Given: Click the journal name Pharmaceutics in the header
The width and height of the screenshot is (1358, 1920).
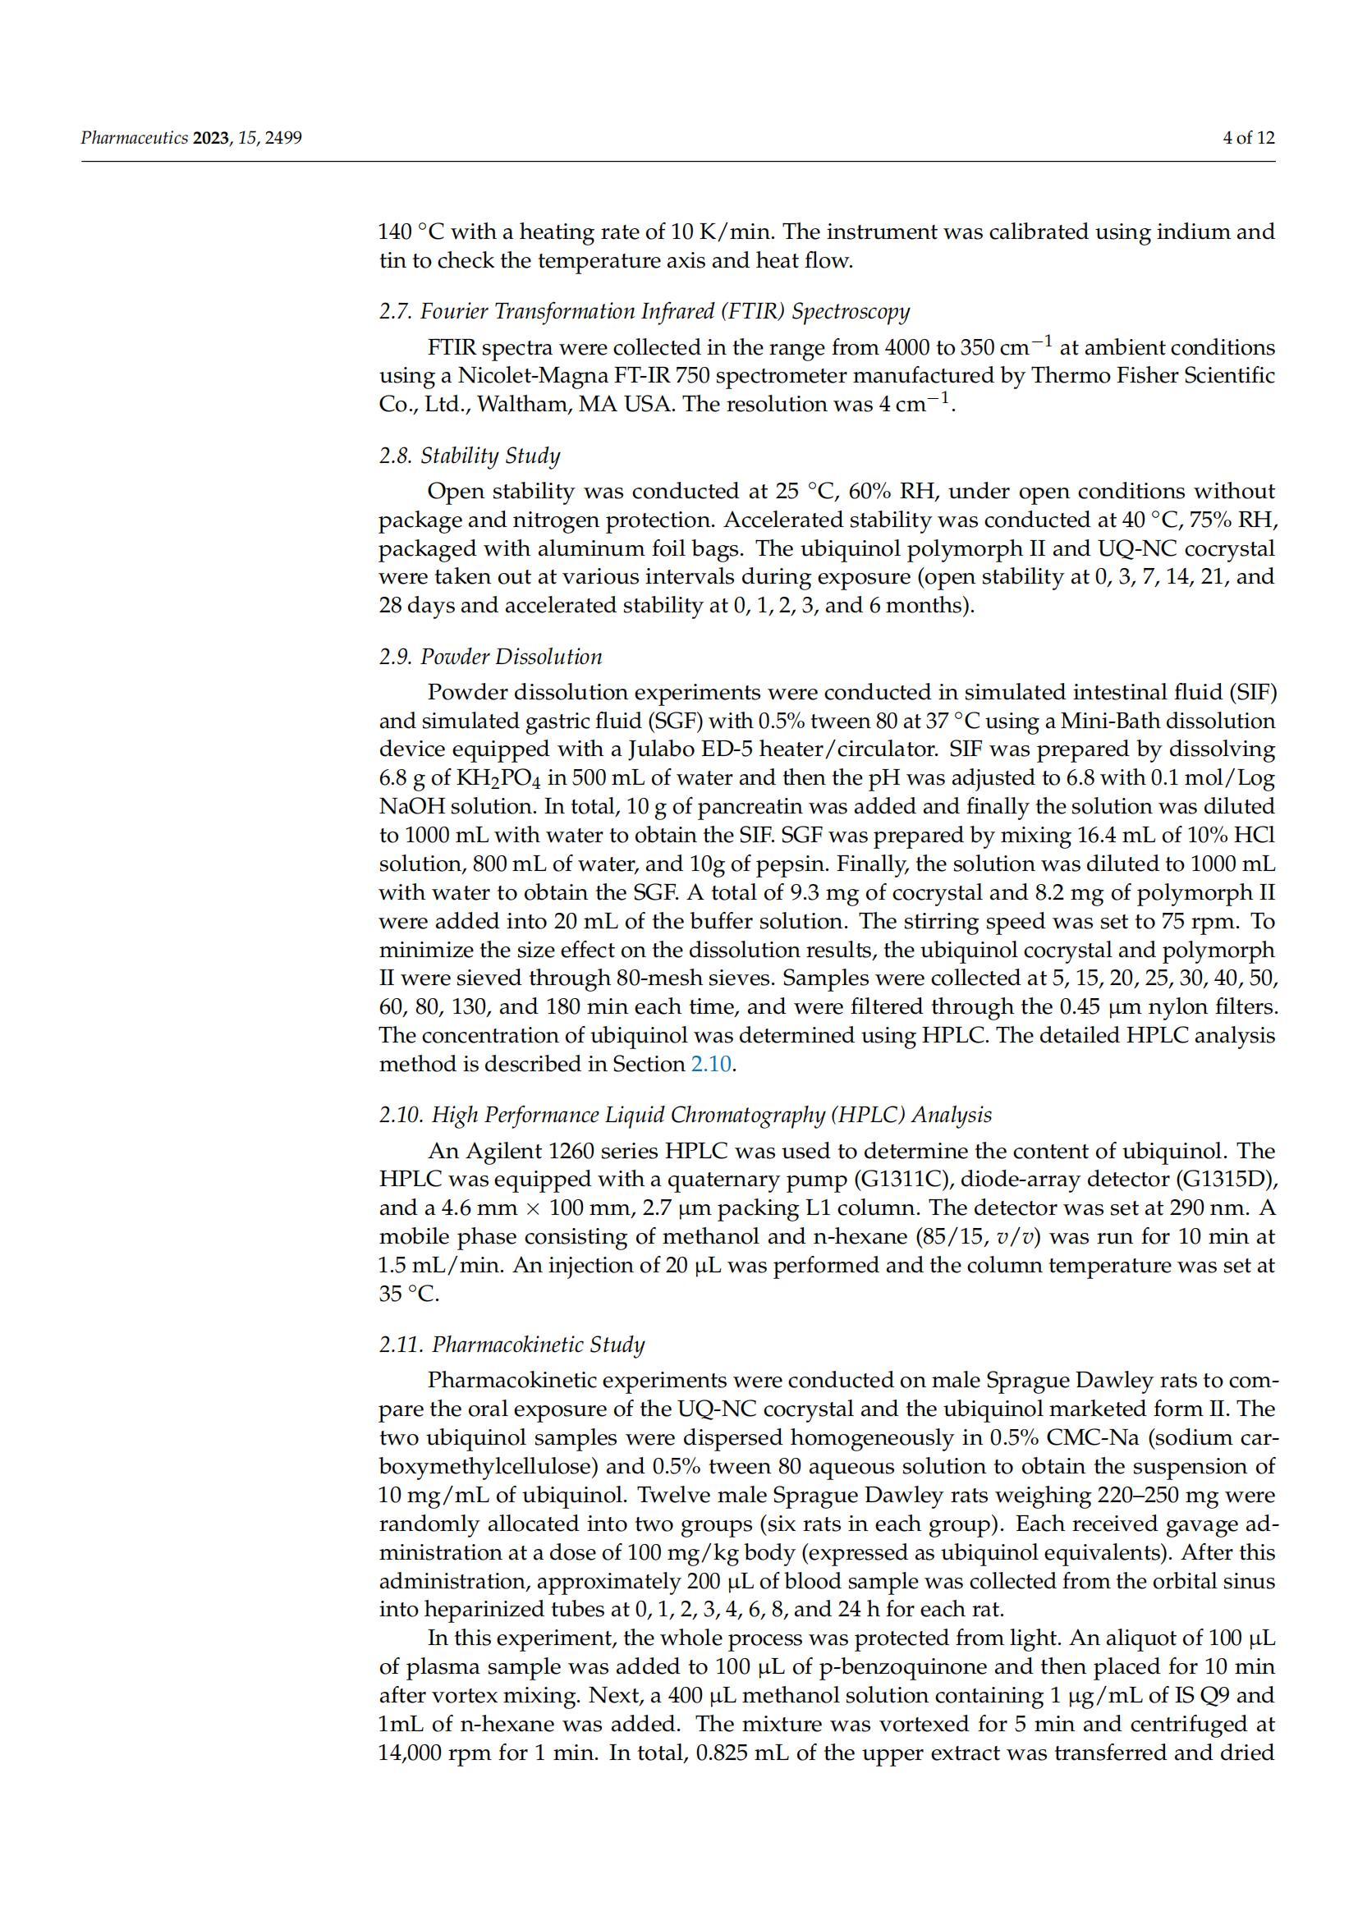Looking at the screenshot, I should pyautogui.click(x=135, y=138).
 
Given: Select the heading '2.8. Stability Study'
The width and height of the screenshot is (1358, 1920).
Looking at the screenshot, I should pyautogui.click(x=469, y=456).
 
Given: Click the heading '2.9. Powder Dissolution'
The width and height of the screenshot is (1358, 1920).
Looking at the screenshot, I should pyautogui.click(x=490, y=657).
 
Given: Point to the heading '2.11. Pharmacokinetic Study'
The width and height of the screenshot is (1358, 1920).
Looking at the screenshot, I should pyautogui.click(x=512, y=1345).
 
